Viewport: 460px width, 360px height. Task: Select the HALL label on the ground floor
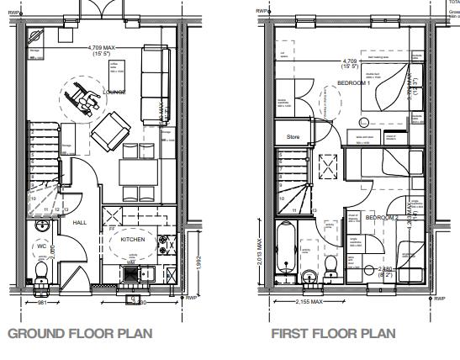pos(79,222)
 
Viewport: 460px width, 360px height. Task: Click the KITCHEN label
pos(133,240)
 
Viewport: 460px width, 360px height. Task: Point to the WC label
pos(40,246)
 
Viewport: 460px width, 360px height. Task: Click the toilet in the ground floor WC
pos(41,268)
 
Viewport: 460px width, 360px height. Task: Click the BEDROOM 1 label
pos(353,82)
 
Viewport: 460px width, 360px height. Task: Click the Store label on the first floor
pos(293,135)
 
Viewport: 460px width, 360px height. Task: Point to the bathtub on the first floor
pos(285,249)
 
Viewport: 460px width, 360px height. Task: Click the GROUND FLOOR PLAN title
pos(80,333)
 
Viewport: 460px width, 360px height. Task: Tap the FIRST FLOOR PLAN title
pos(332,333)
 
